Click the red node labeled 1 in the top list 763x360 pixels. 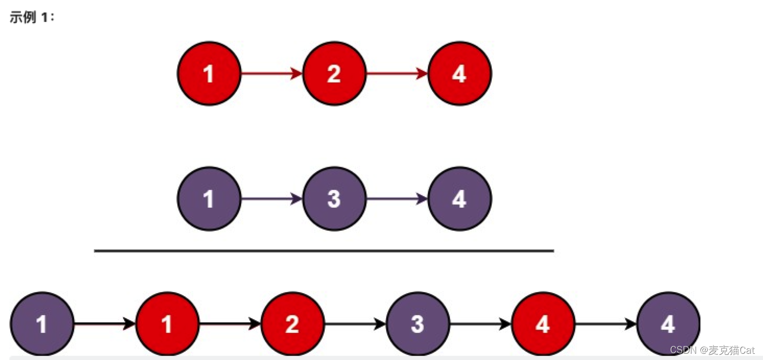pos(209,74)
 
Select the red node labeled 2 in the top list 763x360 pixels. pos(335,74)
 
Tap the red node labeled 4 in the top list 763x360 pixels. pos(460,74)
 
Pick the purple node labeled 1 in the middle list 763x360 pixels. pos(209,199)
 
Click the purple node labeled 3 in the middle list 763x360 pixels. pos(335,199)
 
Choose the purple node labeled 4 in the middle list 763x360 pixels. pos(460,199)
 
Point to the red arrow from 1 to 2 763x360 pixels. pos(272,74)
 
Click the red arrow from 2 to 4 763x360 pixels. pos(397,74)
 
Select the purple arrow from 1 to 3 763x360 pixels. pos(272,199)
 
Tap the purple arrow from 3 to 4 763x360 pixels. pos(397,199)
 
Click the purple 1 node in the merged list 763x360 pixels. pos(42,324)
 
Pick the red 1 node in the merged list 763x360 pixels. pos(168,324)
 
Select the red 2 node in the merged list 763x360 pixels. pos(293,324)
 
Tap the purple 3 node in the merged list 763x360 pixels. pos(418,324)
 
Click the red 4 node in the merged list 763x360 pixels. pos(543,324)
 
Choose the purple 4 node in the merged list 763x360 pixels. pos(669,324)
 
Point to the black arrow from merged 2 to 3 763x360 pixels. pos(355,324)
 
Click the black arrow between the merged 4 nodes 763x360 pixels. pos(606,324)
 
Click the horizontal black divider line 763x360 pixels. pos(324,251)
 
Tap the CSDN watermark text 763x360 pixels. pos(712,350)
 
